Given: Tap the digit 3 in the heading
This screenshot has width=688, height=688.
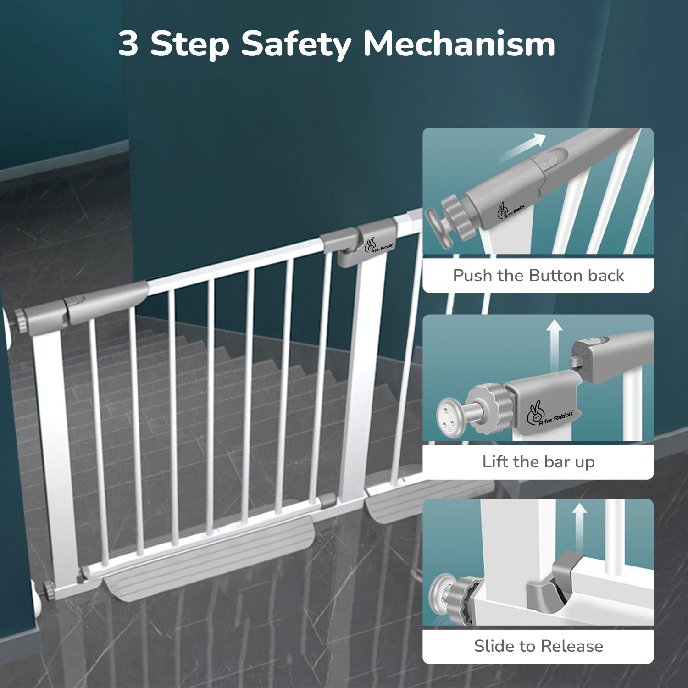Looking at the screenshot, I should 128,44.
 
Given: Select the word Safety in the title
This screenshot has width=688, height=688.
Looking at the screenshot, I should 296,45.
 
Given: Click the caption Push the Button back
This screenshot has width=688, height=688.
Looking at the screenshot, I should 538,276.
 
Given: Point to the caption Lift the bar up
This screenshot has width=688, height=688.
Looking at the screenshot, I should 538,462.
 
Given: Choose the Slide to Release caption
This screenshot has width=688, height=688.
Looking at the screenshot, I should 538,646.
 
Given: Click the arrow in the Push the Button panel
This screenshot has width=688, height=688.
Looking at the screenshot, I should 523,147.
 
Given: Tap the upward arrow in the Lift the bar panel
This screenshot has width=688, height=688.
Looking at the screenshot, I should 554,344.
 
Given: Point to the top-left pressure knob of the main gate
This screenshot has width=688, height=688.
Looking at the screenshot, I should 20,319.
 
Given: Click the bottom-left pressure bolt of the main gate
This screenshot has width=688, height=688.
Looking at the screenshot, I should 48,590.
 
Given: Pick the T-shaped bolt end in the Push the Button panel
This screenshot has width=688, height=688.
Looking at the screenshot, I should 436,225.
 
